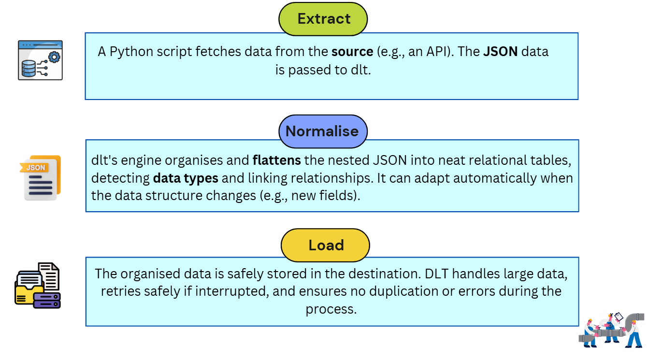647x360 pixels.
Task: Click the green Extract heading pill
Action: pyautogui.click(x=323, y=19)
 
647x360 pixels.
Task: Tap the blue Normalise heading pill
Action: pyautogui.click(x=322, y=131)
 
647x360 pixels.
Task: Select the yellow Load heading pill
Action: pyautogui.click(x=325, y=245)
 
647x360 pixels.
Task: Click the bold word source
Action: pyautogui.click(x=352, y=52)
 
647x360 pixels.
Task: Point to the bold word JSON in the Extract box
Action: pyautogui.click(x=500, y=52)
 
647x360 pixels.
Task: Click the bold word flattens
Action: pyautogui.click(x=277, y=159)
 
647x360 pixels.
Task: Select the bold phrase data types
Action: pyautogui.click(x=186, y=178)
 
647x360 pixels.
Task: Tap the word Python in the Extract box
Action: pyautogui.click(x=129, y=52)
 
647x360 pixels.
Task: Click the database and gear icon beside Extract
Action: pyautogui.click(x=41, y=60)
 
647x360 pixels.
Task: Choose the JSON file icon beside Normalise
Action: pyautogui.click(x=42, y=177)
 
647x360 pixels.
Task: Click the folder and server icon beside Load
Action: pyautogui.click(x=38, y=286)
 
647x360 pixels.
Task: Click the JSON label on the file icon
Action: pyautogui.click(x=36, y=168)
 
